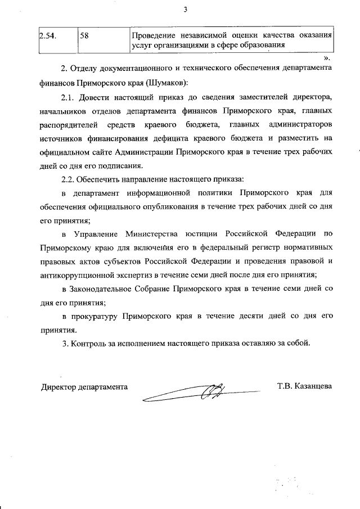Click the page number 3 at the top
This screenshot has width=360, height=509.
tap(184, 9)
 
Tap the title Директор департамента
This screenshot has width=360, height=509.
tap(84, 387)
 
